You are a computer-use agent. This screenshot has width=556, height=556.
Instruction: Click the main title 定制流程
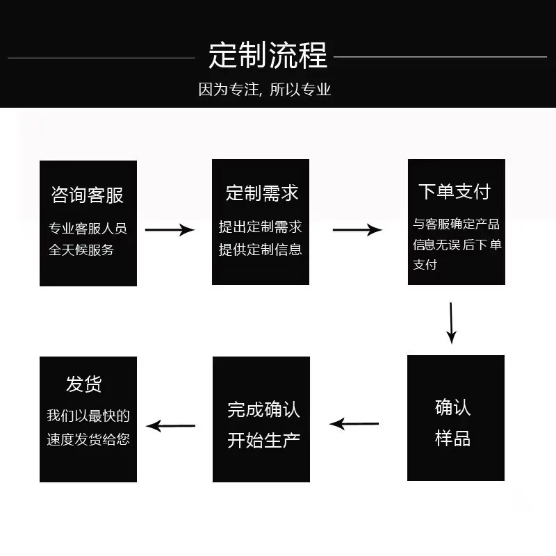point(268,55)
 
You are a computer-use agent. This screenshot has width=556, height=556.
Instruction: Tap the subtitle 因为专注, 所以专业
point(265,90)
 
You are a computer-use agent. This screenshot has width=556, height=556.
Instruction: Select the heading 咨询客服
point(88,195)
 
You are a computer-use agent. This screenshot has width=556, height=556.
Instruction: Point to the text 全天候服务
point(81,250)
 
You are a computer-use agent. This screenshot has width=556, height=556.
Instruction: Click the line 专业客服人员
point(88,229)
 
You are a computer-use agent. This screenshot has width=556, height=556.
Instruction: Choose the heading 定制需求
point(262,193)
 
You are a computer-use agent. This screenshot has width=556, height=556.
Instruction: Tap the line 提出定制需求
point(260,227)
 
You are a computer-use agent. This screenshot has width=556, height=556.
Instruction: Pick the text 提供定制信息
point(260,250)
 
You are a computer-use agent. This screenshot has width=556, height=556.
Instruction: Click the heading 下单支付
point(455,192)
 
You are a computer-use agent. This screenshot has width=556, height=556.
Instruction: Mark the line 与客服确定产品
point(456,224)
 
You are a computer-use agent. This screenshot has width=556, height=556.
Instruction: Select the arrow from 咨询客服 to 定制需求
point(170,230)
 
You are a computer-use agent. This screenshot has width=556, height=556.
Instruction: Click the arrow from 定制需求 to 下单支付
point(357,230)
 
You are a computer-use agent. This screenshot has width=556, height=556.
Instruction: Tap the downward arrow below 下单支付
point(451,323)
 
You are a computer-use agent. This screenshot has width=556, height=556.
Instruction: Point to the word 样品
point(452,439)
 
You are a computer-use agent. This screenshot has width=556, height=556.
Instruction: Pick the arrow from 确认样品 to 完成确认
point(354,424)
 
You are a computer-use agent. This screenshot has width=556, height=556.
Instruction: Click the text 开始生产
point(263,441)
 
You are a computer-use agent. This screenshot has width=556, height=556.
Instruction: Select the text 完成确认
point(263,409)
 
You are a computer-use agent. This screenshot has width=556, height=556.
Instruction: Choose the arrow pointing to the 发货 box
point(170,425)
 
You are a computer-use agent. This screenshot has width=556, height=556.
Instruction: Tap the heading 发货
point(83,384)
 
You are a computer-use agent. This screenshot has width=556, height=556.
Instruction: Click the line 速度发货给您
point(88,439)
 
